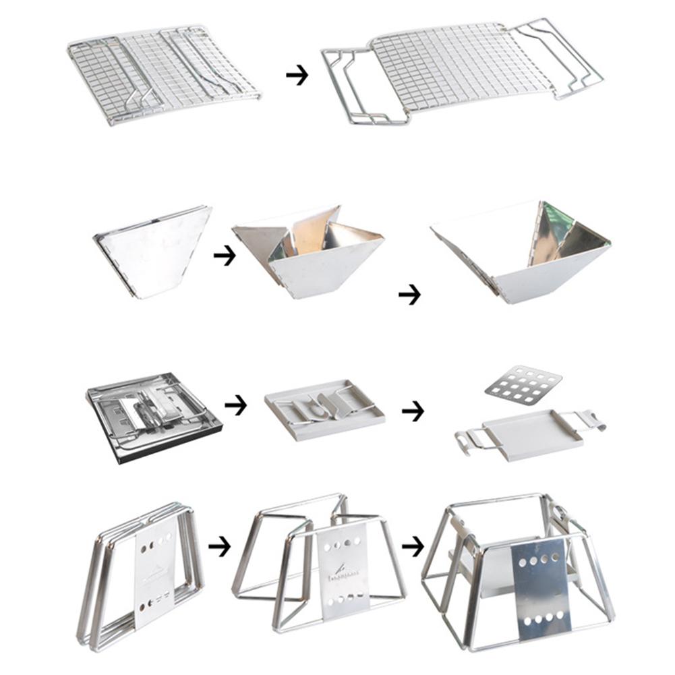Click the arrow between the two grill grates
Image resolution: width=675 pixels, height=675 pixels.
point(297,76)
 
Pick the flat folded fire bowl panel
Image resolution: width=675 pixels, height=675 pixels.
point(152,250)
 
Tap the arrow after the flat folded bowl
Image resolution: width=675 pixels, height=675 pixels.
point(224,256)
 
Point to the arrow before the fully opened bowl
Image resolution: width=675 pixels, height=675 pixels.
point(409,294)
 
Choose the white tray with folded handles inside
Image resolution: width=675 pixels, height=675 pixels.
point(324,409)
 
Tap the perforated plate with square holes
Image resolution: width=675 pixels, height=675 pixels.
point(523,384)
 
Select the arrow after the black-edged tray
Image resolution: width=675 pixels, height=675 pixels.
point(235,405)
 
